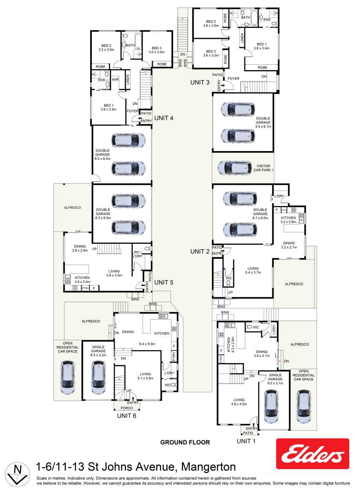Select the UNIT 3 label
point(200,82)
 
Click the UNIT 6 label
point(127,416)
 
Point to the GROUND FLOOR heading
point(185,442)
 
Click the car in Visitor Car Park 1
point(235,168)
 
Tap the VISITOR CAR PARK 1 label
point(263,168)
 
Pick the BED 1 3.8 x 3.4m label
point(262,46)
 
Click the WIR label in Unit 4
point(115,79)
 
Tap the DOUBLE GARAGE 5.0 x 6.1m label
point(263,123)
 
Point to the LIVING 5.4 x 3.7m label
point(253,270)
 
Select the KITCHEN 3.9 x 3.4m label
point(83,279)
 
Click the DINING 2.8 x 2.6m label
point(80,248)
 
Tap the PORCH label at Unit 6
point(127,408)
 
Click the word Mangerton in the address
point(208,467)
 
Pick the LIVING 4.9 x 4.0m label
point(239,402)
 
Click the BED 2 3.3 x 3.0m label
point(106,48)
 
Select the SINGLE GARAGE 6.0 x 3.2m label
point(98,351)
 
